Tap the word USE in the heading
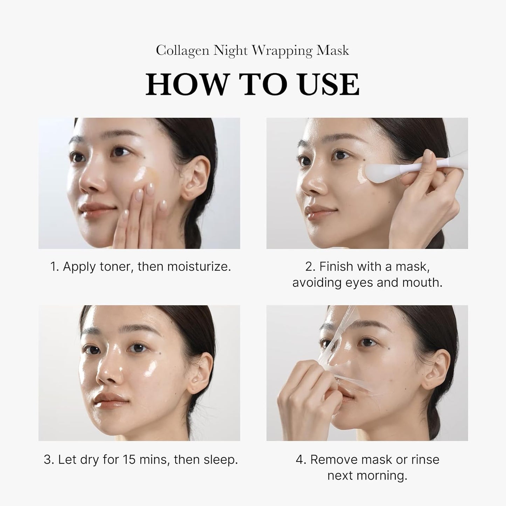(330, 84)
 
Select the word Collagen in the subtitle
(182, 51)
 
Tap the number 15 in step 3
(130, 459)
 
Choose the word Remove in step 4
(331, 459)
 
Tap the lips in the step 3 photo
(105, 401)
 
